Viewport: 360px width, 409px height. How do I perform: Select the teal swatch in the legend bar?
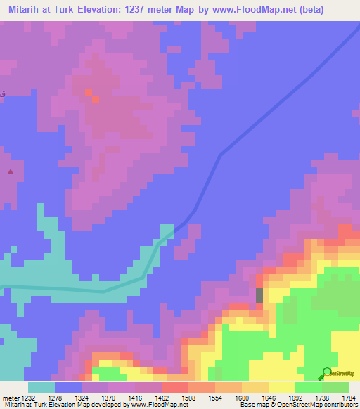pyautogui.click(x=41, y=387)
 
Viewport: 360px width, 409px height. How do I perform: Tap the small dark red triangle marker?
pyautogui.click(x=10, y=171)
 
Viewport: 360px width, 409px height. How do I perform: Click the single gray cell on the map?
pyautogui.click(x=259, y=295)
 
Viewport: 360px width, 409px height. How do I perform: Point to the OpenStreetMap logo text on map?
pyautogui.click(x=344, y=373)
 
